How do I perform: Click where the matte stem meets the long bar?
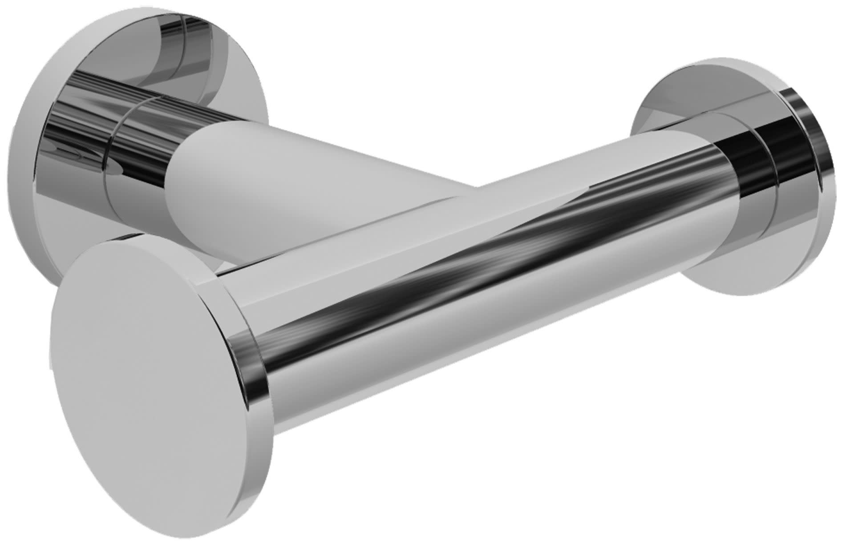(445, 196)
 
